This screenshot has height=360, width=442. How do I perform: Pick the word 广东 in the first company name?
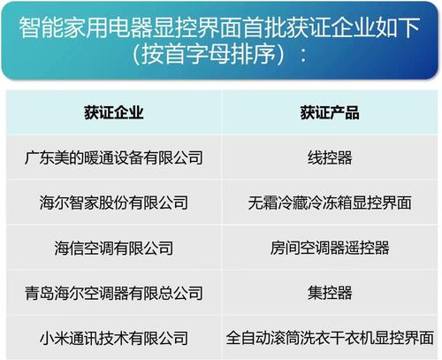coord(42,158)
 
